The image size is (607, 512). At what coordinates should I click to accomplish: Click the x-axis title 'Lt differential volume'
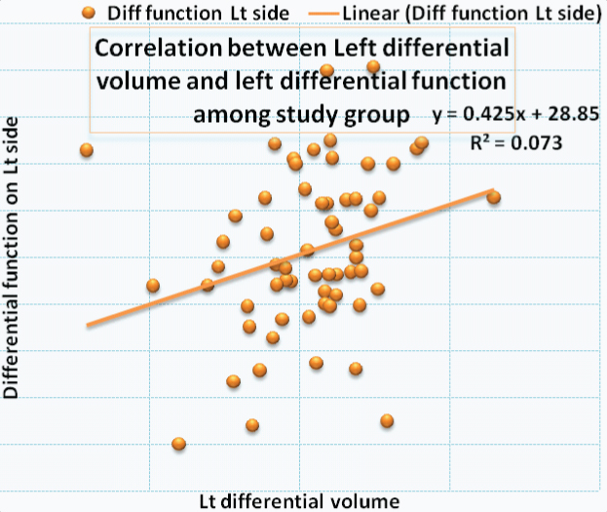299,499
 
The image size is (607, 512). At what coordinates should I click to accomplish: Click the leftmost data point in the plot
87,149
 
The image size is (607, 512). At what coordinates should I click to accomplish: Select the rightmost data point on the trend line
493,197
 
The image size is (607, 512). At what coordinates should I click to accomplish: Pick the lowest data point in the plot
178,444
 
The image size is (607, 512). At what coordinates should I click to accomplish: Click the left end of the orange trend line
88,326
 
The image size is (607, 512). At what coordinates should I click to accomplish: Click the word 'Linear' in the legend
366,14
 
